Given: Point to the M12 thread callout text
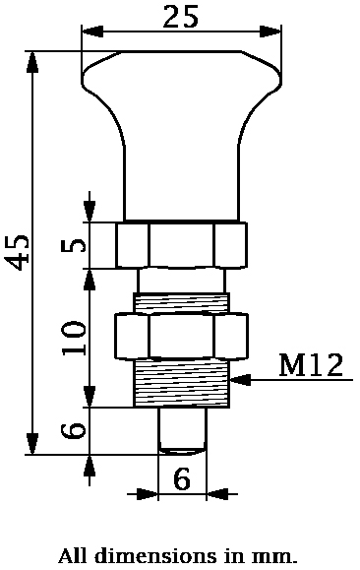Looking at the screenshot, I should pyautogui.click(x=311, y=365).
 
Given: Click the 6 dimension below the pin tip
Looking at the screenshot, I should pyautogui.click(x=182, y=479).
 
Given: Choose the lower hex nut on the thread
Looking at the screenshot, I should pyautogui.click(x=182, y=337).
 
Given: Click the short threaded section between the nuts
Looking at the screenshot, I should pyautogui.click(x=182, y=302).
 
